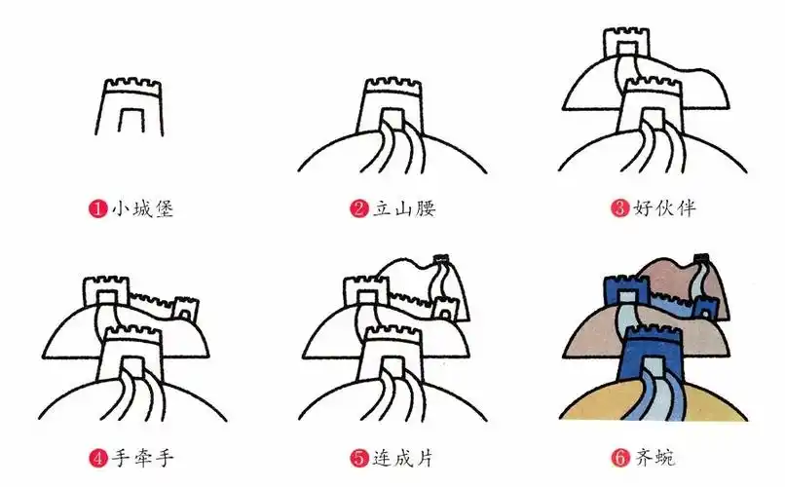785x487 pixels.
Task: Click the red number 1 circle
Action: (97, 208)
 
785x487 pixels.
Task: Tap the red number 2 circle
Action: (357, 208)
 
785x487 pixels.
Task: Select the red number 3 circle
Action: (618, 208)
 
